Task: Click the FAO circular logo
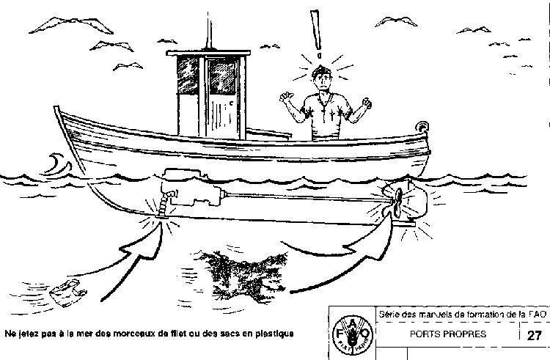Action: pyautogui.click(x=352, y=334)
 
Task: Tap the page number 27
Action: pyautogui.click(x=534, y=336)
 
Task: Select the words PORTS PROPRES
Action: pyautogui.click(x=448, y=334)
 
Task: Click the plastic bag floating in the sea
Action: pyautogui.click(x=68, y=293)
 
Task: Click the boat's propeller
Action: pyautogui.click(x=398, y=203)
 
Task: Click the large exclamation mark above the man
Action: pyautogui.click(x=316, y=34)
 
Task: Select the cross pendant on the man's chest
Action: pyautogui.click(x=324, y=114)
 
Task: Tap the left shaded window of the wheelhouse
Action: pyautogui.click(x=188, y=75)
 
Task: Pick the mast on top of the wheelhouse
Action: pyautogui.click(x=209, y=31)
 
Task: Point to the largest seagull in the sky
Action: pyautogui.click(x=71, y=26)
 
